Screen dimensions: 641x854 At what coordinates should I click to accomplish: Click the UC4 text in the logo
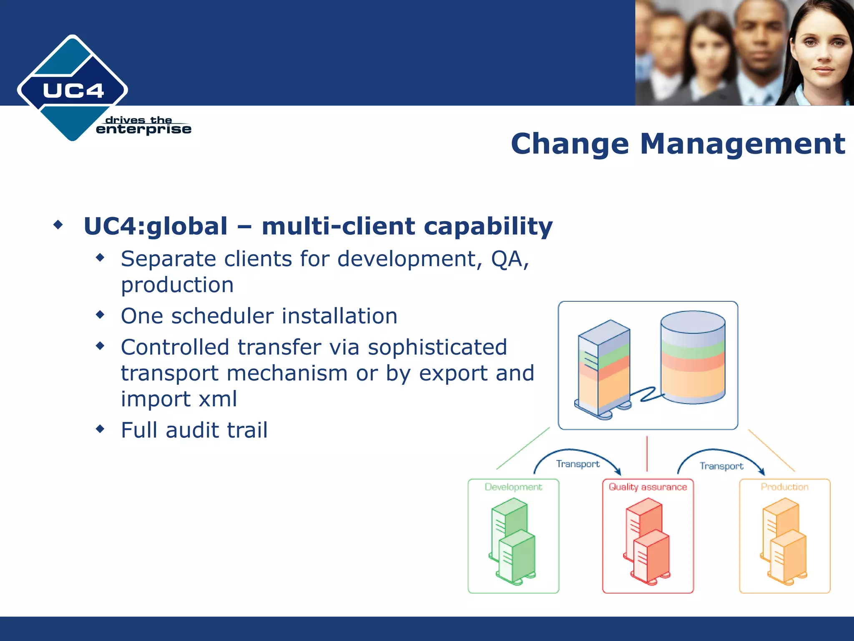(73, 91)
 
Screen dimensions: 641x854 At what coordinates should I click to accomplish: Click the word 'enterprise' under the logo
(143, 129)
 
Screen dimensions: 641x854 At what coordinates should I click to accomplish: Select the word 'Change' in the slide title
(570, 144)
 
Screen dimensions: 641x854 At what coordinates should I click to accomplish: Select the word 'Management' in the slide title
(742, 144)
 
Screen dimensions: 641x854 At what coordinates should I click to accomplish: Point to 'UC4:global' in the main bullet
(156, 226)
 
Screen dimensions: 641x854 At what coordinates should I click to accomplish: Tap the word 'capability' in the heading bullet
(488, 226)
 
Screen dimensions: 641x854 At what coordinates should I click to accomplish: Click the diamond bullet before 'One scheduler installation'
(100, 315)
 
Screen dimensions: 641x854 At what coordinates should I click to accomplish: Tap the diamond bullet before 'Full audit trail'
(100, 429)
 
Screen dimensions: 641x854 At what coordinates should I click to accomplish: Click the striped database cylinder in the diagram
(693, 357)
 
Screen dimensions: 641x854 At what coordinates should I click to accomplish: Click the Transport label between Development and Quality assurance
(578, 464)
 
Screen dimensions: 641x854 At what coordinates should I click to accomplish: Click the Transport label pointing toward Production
(721, 466)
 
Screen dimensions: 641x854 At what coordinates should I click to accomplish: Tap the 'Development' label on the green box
(513, 487)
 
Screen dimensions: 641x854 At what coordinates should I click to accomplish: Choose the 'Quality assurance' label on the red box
(648, 487)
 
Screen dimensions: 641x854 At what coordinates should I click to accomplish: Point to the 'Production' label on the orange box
(784, 487)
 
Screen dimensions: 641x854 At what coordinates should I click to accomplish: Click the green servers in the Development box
(513, 543)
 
